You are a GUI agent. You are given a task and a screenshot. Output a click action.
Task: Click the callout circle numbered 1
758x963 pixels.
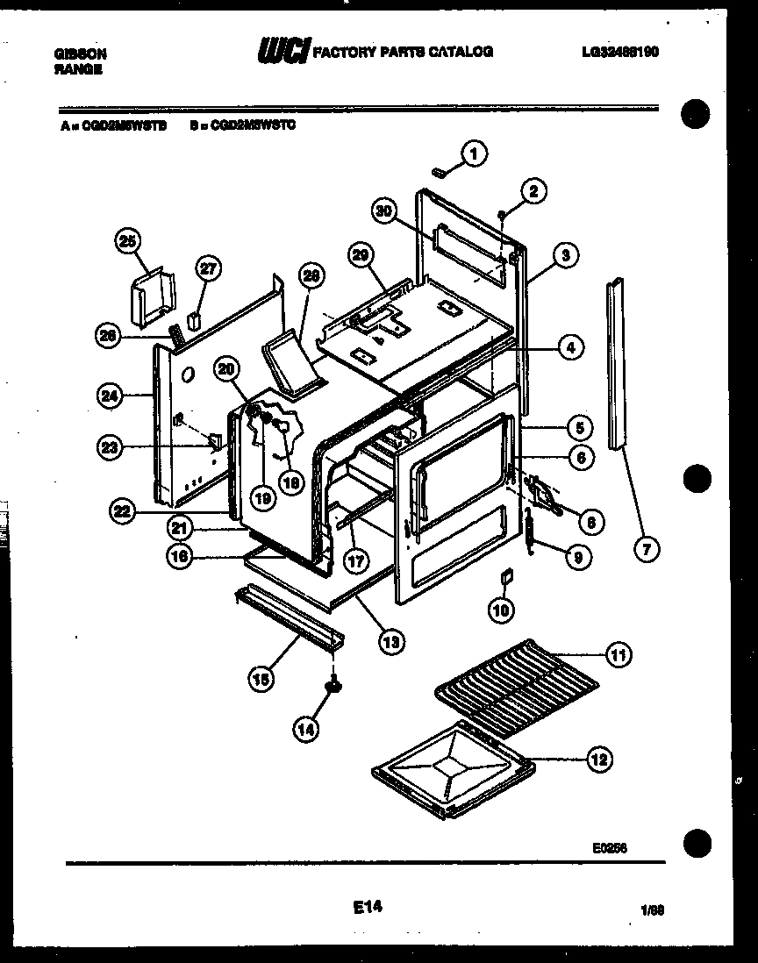(473, 155)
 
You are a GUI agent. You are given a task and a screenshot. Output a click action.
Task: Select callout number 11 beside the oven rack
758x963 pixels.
(619, 654)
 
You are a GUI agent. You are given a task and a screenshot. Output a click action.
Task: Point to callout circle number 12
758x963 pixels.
(598, 760)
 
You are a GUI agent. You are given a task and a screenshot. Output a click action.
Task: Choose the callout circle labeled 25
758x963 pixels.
(128, 241)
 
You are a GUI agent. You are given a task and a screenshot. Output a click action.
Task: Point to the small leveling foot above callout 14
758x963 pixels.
(333, 688)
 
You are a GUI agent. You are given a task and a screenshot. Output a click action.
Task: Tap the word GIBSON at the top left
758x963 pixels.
(81, 53)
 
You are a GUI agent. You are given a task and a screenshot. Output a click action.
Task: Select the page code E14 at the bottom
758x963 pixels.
(367, 909)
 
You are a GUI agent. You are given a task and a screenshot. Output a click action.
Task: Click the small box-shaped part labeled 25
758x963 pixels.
(152, 297)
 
